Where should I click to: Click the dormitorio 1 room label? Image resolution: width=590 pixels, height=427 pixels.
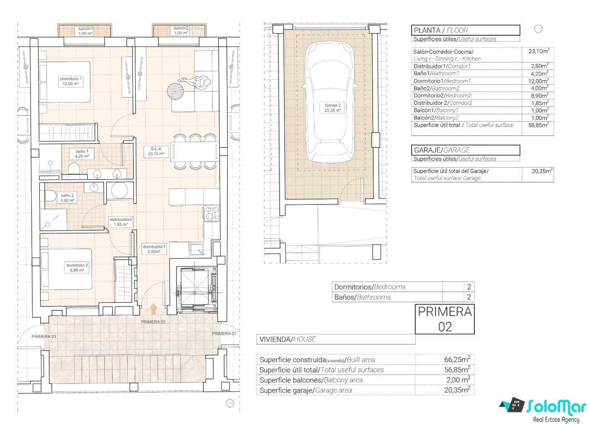coord(72,81)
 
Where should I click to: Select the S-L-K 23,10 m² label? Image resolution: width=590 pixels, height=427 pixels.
coord(154,151)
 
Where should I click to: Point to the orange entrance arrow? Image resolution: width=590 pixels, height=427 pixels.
coord(153,309)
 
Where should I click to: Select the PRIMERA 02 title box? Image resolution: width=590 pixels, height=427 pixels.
coord(444,319)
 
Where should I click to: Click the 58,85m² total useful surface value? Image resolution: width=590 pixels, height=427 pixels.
coord(538,125)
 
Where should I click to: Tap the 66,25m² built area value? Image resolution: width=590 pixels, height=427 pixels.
coord(457,359)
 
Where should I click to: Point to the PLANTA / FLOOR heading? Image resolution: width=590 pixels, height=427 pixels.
coord(465,30)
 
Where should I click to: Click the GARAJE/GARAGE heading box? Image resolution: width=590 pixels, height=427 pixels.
coord(465,150)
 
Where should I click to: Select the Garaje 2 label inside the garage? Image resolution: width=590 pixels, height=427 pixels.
coord(332,107)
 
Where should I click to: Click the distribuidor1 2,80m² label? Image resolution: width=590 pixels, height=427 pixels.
coord(154,249)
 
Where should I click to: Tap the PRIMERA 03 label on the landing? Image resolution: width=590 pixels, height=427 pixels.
coord(44,336)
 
